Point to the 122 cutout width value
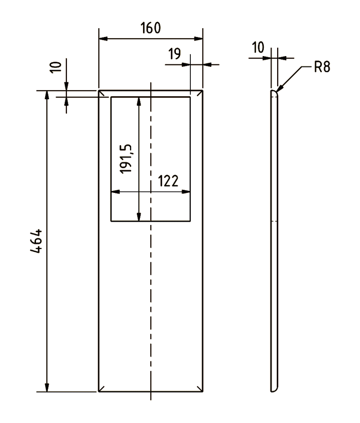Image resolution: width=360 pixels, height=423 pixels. click(168, 181)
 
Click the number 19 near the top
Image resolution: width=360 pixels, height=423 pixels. click(174, 54)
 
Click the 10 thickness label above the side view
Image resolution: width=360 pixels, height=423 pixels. click(258, 48)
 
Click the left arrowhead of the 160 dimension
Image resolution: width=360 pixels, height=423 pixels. click(100, 39)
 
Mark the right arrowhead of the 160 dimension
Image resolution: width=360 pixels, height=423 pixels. click(202, 39)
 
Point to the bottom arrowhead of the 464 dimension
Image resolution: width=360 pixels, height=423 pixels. click(47, 390)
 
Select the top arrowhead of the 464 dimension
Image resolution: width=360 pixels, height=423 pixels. click(47, 93)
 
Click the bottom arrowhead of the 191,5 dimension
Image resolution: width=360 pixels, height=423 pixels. click(138, 220)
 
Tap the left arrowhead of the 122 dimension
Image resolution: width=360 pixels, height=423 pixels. click(112, 192)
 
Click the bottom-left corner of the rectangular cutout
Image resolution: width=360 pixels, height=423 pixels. click(111, 222)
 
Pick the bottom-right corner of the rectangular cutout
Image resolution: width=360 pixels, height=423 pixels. click(190, 222)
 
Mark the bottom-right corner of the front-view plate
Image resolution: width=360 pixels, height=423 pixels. click(202, 392)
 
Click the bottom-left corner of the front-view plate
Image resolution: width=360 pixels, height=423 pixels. click(99, 392)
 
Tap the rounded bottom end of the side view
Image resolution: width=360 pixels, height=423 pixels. click(274, 390)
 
